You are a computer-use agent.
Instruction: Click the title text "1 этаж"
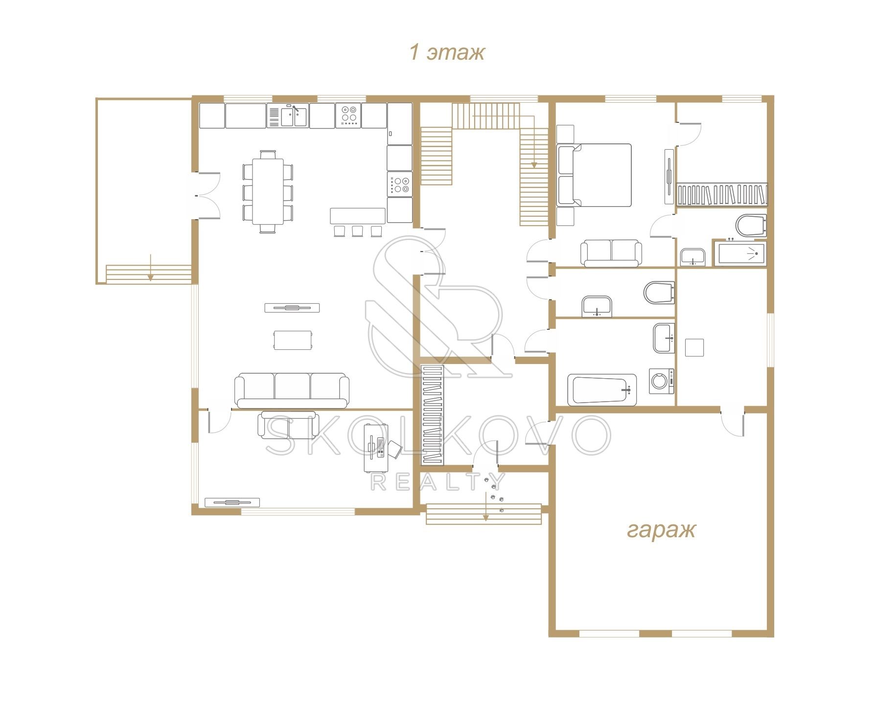[447, 53]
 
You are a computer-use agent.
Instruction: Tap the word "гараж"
[661, 529]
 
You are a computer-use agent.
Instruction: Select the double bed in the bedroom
[594, 175]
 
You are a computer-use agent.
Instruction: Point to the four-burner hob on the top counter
[349, 115]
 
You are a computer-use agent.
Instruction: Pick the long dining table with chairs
[268, 191]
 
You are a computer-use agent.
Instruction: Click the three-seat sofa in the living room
[292, 390]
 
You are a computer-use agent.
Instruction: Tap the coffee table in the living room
[293, 340]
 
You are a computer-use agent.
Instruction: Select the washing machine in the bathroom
[661, 381]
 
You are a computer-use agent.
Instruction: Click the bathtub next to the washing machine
[602, 389]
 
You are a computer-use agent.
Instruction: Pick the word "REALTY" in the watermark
[438, 482]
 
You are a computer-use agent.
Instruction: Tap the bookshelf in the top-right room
[722, 195]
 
